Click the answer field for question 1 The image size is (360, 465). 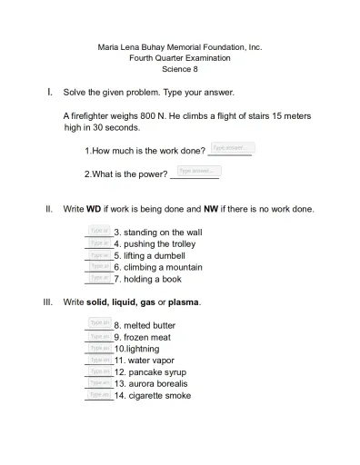pyautogui.click(x=232, y=147)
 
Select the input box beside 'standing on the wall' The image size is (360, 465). pyautogui.click(x=100, y=231)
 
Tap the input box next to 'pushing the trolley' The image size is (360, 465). pyautogui.click(x=100, y=242)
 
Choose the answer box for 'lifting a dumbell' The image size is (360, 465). pyautogui.click(x=100, y=254)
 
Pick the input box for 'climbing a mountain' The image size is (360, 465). pyautogui.click(x=100, y=266)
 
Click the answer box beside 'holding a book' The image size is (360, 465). pyautogui.click(x=100, y=278)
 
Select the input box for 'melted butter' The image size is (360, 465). pyautogui.click(x=100, y=323)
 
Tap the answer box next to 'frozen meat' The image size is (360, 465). pyautogui.click(x=100, y=335)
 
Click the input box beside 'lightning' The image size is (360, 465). pyautogui.click(x=100, y=347)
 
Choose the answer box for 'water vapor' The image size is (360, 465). pyautogui.click(x=100, y=359)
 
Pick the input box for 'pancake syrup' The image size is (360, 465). pyautogui.click(x=100, y=371)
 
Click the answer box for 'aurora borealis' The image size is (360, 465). pyautogui.click(x=100, y=382)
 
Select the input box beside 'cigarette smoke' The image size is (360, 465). pyautogui.click(x=100, y=394)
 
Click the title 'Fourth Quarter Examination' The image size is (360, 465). pyautogui.click(x=179, y=58)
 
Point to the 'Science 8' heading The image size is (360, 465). pyautogui.click(x=179, y=69)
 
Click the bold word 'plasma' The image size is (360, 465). pyautogui.click(x=185, y=302)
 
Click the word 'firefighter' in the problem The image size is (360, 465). pyautogui.click(x=93, y=116)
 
